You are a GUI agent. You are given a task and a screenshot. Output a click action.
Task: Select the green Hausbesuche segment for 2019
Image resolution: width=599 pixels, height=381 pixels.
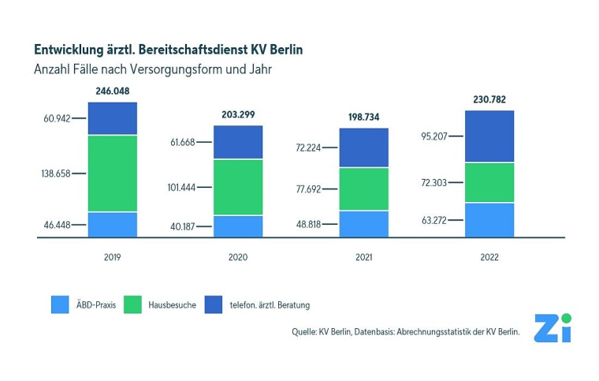click(112, 174)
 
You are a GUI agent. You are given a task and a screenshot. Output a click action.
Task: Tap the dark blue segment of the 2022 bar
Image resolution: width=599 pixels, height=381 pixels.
click(489, 136)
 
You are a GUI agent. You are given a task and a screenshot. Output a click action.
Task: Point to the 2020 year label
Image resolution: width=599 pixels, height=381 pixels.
click(238, 257)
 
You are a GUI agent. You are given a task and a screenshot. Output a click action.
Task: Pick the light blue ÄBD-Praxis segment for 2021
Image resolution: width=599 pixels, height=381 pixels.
click(363, 224)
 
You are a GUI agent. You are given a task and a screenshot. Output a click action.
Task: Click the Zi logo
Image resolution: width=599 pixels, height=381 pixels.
click(552, 327)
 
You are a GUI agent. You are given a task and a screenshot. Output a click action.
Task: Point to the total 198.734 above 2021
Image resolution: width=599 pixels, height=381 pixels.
click(363, 117)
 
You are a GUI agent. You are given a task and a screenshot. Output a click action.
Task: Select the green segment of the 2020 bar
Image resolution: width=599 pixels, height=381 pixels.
click(238, 187)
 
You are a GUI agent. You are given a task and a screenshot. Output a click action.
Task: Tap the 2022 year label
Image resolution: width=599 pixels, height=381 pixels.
click(489, 257)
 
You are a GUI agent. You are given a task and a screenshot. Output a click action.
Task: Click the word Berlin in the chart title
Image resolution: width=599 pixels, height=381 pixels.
click(281, 49)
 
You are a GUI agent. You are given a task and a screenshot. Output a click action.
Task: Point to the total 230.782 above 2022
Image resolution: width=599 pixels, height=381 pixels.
click(489, 99)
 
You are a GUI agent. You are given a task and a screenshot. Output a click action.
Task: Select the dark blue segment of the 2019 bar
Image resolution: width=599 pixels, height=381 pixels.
click(112, 118)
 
